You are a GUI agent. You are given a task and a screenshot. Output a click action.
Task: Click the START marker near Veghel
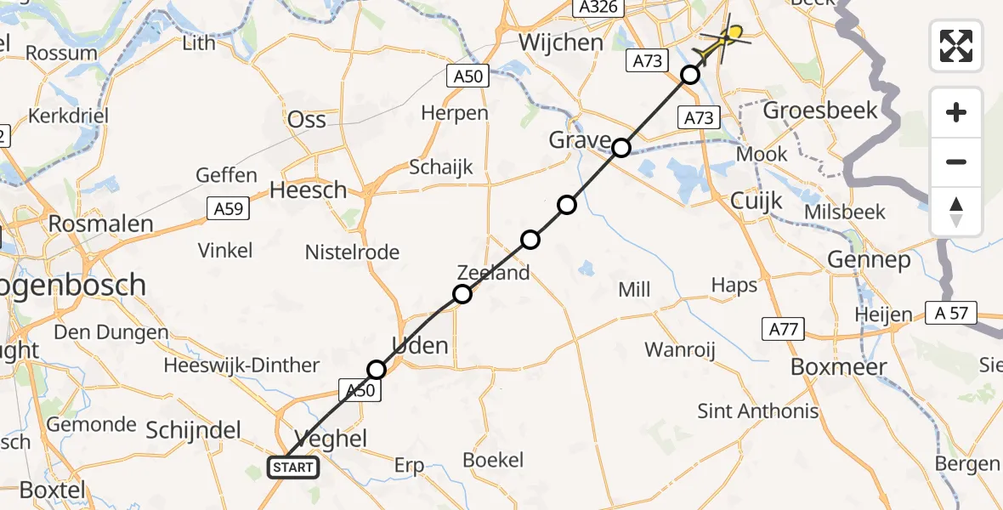293,467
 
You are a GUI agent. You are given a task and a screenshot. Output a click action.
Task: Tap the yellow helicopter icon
728,37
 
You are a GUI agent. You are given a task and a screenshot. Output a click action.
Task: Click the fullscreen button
956,45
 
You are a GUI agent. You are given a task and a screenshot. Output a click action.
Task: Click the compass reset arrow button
956,212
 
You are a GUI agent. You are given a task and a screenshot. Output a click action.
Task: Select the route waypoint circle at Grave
621,148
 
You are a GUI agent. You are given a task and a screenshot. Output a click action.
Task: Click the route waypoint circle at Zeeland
462,294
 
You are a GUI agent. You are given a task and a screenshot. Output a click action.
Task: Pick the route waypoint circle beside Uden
377,369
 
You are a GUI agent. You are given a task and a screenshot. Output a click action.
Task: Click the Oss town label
308,119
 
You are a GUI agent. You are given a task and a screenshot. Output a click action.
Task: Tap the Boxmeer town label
838,367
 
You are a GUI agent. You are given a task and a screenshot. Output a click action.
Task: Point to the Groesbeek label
820,110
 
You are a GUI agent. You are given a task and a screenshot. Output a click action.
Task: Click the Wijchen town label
561,42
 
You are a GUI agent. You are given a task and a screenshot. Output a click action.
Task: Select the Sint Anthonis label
757,411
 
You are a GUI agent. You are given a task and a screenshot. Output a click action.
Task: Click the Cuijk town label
756,201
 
